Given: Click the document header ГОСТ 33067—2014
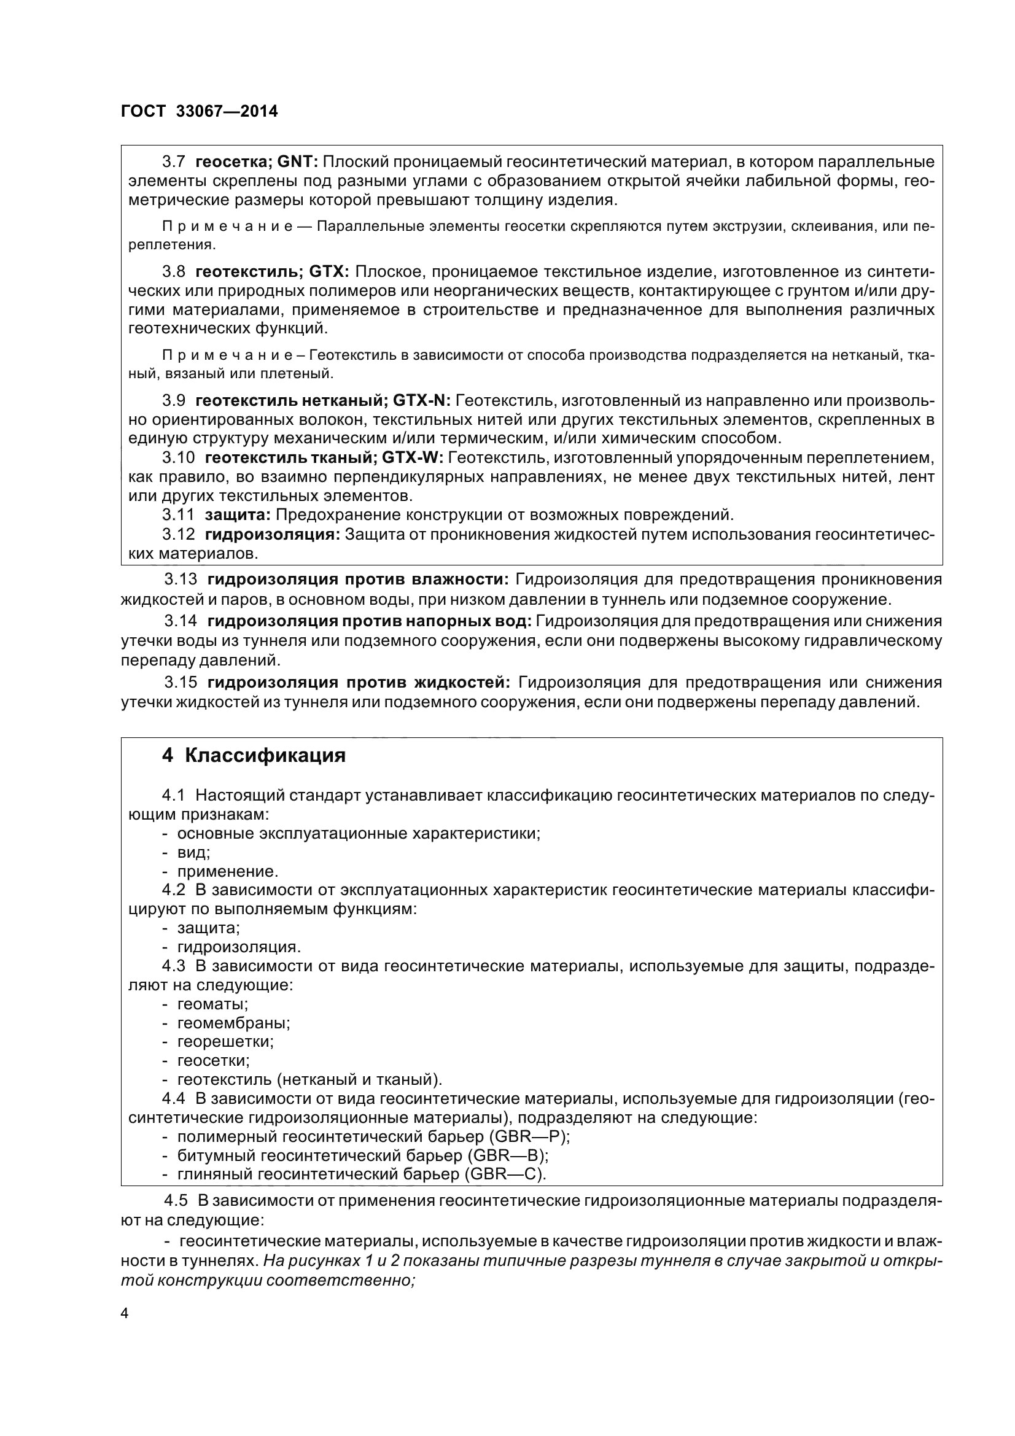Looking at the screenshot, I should coord(199,111).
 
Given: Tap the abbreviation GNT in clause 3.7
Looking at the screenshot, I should coord(297,162).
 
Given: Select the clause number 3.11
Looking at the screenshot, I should coord(178,515).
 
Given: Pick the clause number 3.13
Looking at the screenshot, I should coord(181,580).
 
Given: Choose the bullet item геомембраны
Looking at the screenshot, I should coord(233,1023).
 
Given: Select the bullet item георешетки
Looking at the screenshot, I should coord(226,1041).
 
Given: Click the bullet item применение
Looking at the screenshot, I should coord(228,871).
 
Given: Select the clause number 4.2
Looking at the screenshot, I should coord(174,890).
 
